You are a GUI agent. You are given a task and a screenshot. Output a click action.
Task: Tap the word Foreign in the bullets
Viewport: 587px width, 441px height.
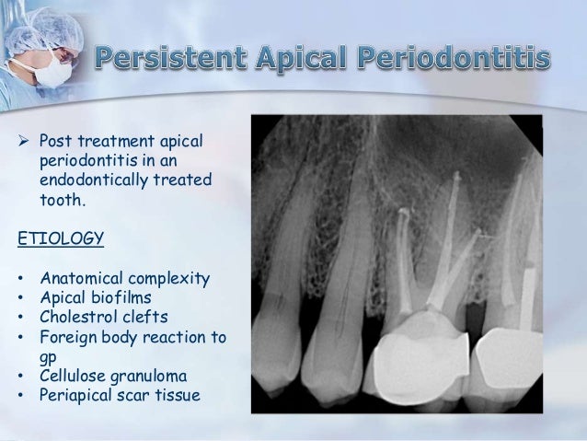pos(68,338)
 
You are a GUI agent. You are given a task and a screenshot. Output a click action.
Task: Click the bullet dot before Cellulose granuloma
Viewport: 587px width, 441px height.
pos(21,377)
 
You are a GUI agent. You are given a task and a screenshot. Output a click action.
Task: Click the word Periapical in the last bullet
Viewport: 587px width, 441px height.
pos(77,396)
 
